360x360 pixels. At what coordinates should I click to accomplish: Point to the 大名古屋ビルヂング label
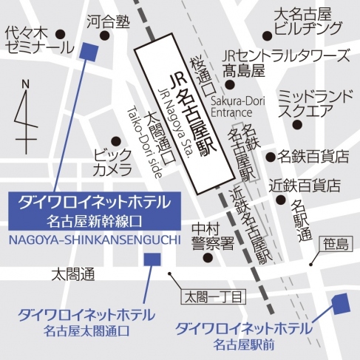306,22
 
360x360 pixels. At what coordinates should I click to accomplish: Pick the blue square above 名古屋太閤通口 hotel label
152,259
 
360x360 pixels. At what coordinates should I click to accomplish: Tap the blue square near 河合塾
89,51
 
